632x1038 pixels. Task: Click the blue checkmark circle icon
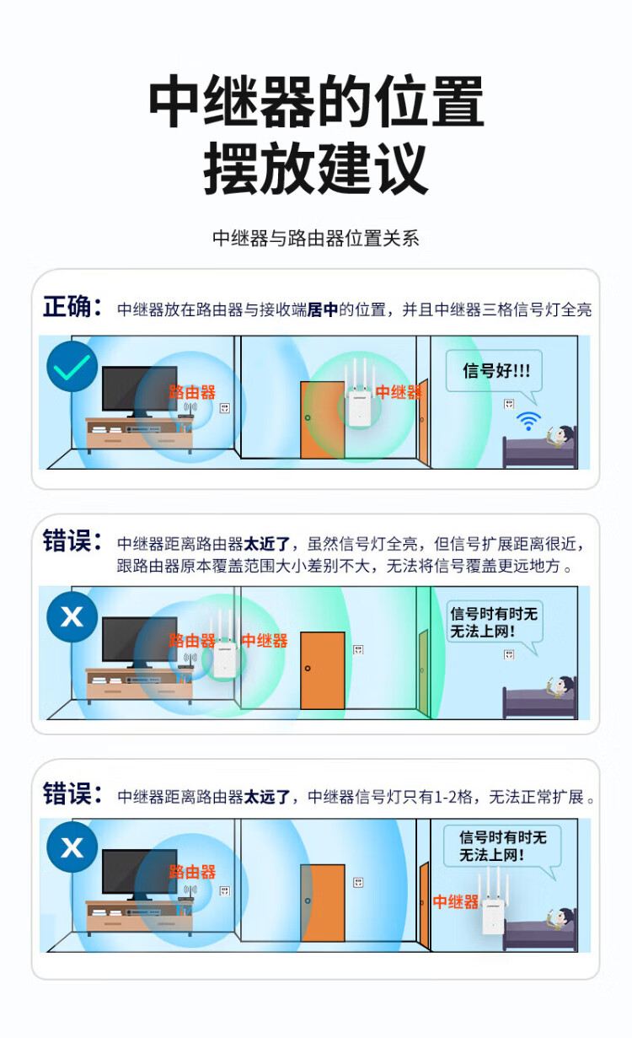72,366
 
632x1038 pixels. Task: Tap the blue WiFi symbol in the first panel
528,420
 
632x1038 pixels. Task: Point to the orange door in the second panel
323,670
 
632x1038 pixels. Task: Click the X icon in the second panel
72,616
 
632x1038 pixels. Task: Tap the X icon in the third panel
72,847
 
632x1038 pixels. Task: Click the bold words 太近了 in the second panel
267,544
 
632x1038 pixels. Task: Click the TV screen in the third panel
139,872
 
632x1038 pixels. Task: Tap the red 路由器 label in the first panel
192,392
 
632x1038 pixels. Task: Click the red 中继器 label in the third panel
456,902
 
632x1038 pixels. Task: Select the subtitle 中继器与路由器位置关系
315,239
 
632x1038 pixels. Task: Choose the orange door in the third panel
323,902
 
